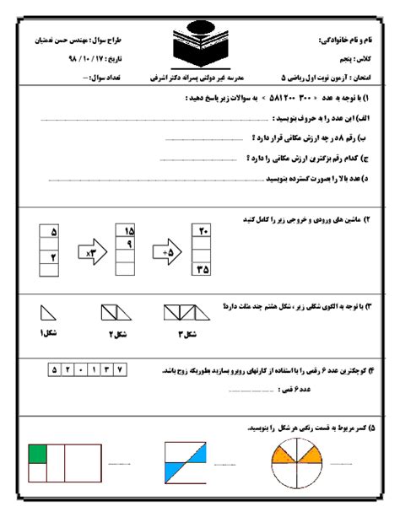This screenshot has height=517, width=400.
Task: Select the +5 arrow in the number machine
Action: pos(167,251)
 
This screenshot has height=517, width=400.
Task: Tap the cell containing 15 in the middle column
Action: pos(130,231)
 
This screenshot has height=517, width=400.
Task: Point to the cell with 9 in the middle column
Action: pos(130,245)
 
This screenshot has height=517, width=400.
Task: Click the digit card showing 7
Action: pos(121,369)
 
